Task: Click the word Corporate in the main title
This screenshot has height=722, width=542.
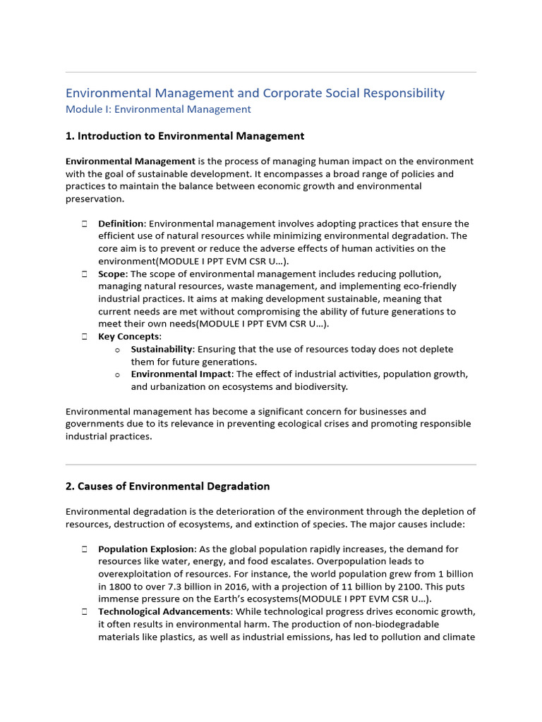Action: pos(290,93)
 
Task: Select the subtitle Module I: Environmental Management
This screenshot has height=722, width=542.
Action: pos(158,109)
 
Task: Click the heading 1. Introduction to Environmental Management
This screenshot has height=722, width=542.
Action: pos(185,136)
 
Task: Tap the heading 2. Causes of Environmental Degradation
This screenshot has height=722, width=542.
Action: pos(167,486)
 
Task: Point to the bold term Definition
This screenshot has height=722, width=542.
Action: pos(121,224)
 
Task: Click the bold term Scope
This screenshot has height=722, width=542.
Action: pos(112,274)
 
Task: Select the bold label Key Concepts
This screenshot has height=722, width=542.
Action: pos(129,336)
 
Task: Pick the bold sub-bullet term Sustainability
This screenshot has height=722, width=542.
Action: pos(162,349)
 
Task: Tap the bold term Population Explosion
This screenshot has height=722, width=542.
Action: pos(147,549)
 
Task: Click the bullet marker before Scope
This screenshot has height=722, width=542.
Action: pos(83,274)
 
